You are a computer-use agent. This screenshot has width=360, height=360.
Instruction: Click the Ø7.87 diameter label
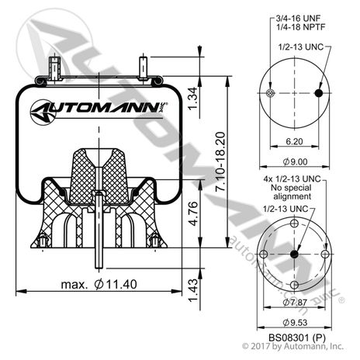(296, 301)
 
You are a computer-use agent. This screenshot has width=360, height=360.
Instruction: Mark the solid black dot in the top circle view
(318, 94)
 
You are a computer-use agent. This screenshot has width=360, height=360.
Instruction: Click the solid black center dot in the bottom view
(295, 256)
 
